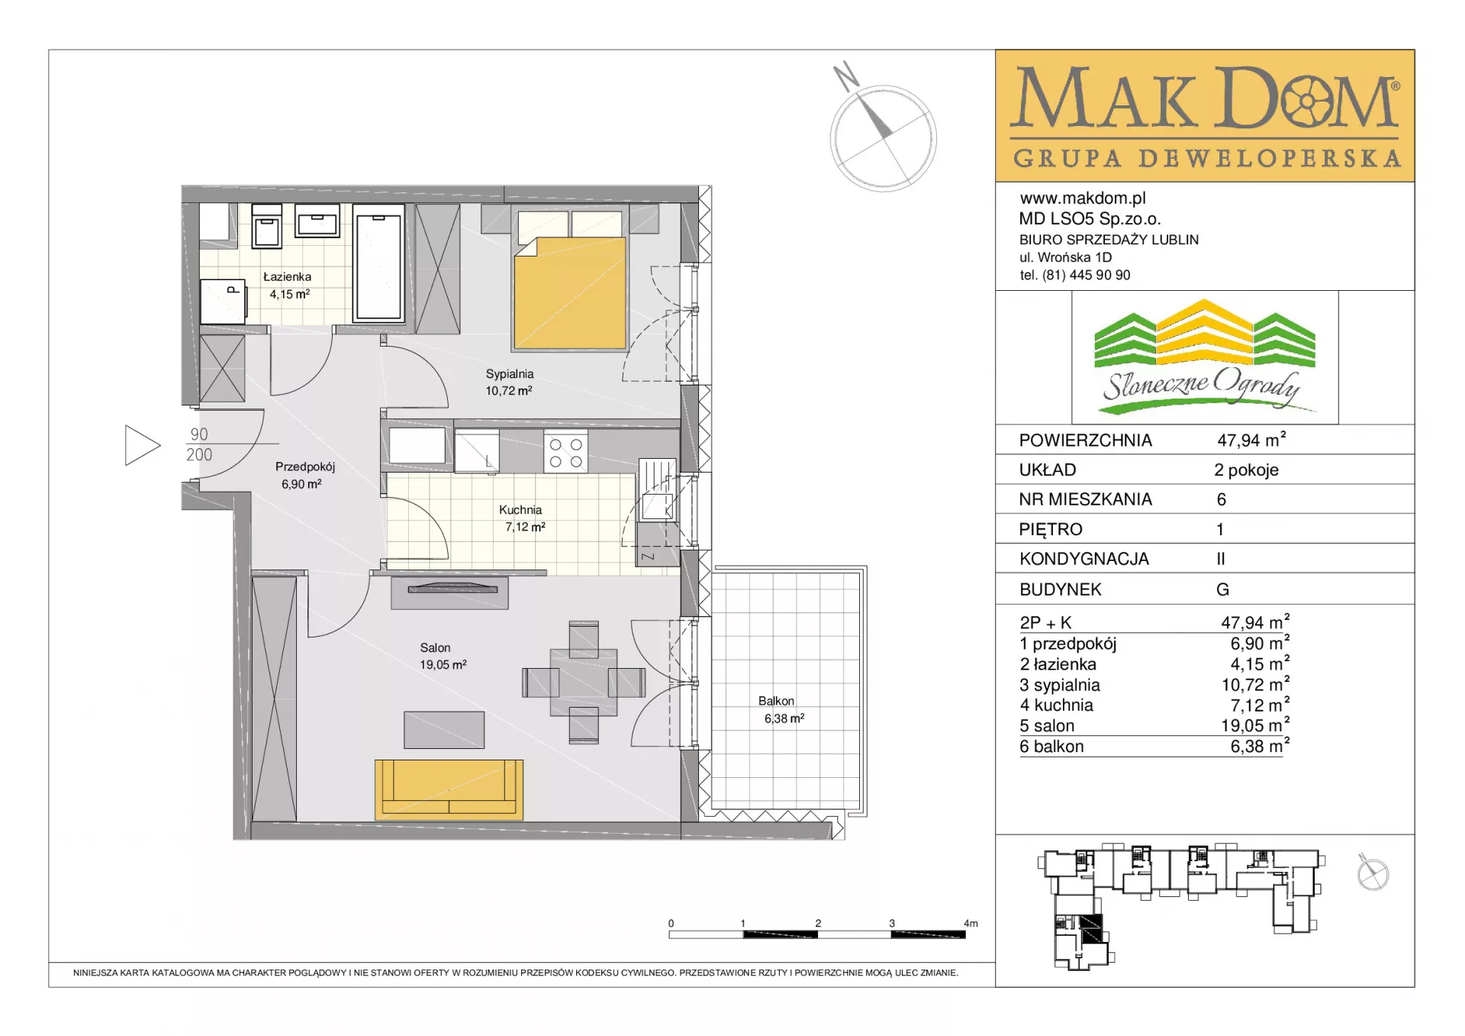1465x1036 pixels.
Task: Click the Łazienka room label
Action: pyautogui.click(x=287, y=277)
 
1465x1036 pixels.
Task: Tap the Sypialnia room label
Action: pyautogui.click(x=510, y=374)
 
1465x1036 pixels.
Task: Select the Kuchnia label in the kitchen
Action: pyautogui.click(x=520, y=510)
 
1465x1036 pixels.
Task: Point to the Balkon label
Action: pyautogui.click(x=776, y=701)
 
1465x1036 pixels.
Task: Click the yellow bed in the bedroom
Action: pyautogui.click(x=570, y=292)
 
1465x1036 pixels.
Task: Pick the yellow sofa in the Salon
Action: pyautogui.click(x=449, y=789)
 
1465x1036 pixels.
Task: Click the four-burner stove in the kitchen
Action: pyautogui.click(x=565, y=453)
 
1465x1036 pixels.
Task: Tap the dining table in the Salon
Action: pyautogui.click(x=584, y=683)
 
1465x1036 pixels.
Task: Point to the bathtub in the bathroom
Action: pyautogui.click(x=379, y=262)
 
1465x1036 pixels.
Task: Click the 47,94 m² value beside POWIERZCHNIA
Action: pyautogui.click(x=1251, y=440)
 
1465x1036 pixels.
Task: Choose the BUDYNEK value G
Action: pyautogui.click(x=1222, y=589)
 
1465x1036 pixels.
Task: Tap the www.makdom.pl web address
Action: pyautogui.click(x=1083, y=198)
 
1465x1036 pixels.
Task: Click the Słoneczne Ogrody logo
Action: pyautogui.click(x=1205, y=357)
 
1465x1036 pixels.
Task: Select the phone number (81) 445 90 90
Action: pyautogui.click(x=1087, y=275)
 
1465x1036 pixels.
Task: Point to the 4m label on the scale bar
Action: pyautogui.click(x=971, y=923)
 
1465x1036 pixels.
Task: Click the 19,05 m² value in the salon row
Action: pyautogui.click(x=1255, y=725)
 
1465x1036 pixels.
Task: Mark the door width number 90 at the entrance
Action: pyautogui.click(x=199, y=434)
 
